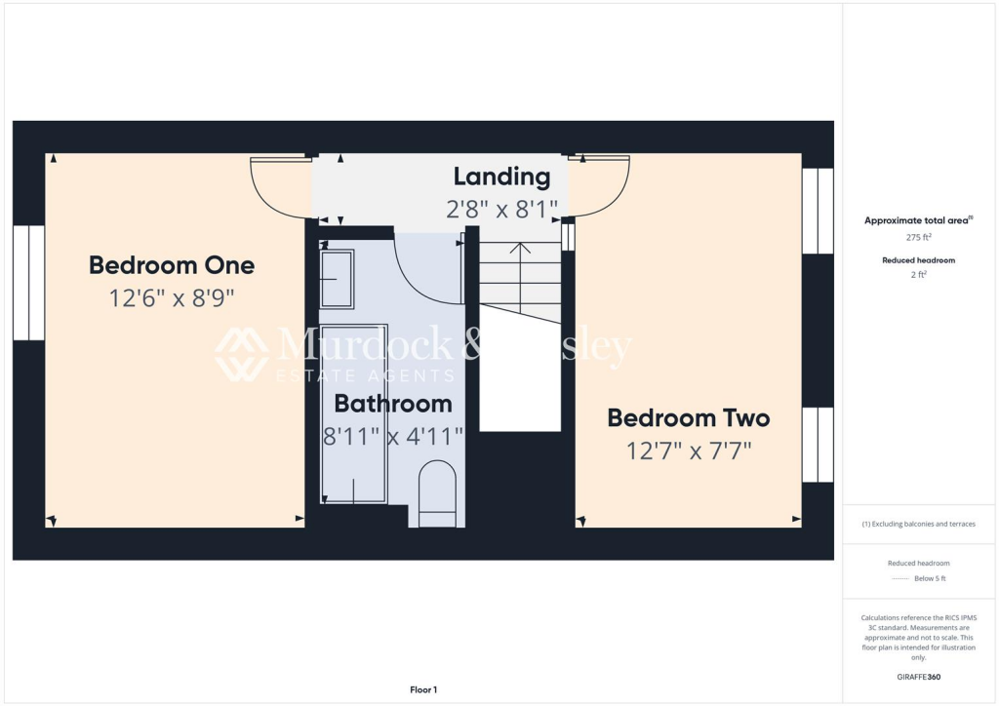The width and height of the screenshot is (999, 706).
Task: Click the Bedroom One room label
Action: [x=172, y=264]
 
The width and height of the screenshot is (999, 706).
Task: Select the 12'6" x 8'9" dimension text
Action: [x=172, y=296]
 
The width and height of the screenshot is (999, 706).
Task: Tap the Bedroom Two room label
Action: [x=688, y=418]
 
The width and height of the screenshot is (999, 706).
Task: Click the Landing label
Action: [x=501, y=176]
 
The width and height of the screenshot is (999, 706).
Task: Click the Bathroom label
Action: [x=393, y=404]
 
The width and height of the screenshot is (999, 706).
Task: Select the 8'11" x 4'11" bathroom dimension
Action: [x=393, y=436]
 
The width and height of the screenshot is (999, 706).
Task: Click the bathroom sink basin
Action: [x=338, y=278]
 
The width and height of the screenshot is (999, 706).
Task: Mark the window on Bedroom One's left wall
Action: [x=29, y=283]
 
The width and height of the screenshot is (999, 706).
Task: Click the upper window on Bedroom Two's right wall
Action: [x=818, y=211]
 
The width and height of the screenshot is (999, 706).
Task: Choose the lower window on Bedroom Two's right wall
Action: [x=818, y=445]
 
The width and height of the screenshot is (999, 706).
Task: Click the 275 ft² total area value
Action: [x=918, y=237]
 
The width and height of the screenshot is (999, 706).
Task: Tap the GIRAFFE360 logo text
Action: [x=918, y=677]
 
